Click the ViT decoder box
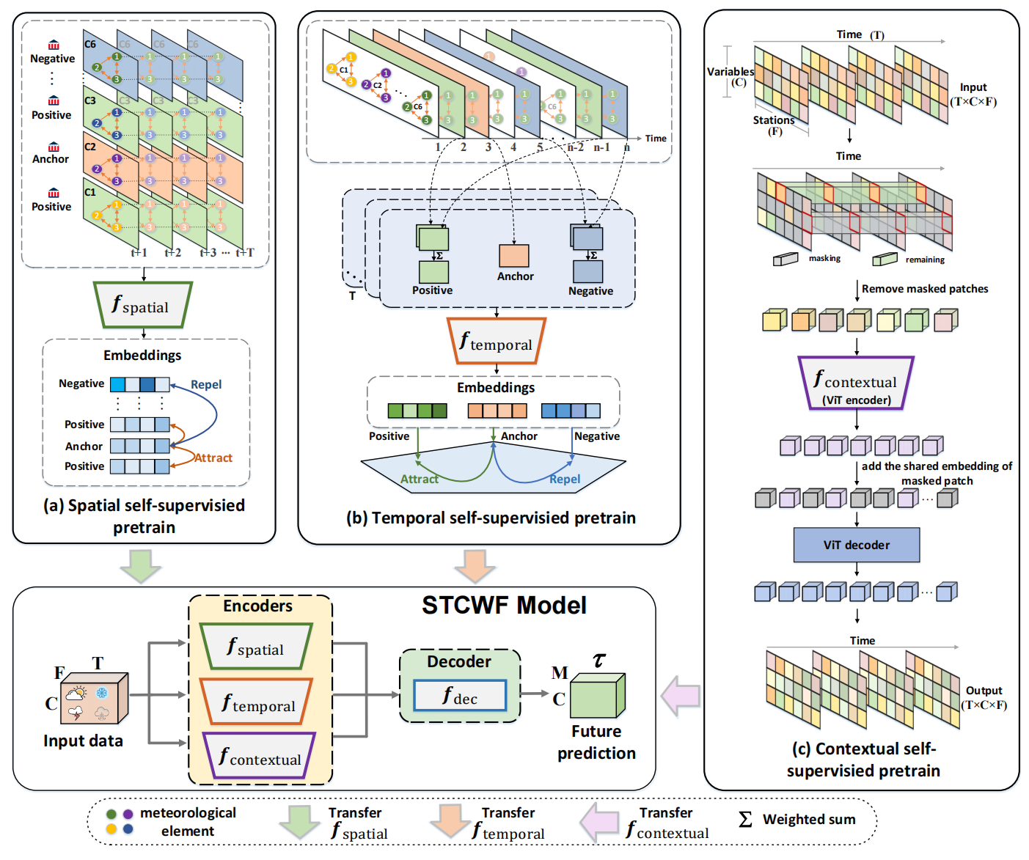click(x=856, y=545)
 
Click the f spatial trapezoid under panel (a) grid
click(x=143, y=305)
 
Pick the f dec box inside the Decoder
click(x=460, y=696)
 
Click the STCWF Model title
click(x=504, y=606)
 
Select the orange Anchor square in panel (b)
click(x=514, y=255)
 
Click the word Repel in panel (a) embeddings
click(x=206, y=384)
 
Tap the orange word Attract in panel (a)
click(x=213, y=457)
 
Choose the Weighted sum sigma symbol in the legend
click(x=745, y=819)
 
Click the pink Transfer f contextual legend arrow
click(x=599, y=822)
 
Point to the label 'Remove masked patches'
click(x=925, y=289)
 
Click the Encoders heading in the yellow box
click(x=257, y=606)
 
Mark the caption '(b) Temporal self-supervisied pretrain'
click(x=491, y=518)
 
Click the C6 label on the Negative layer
click(x=89, y=44)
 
